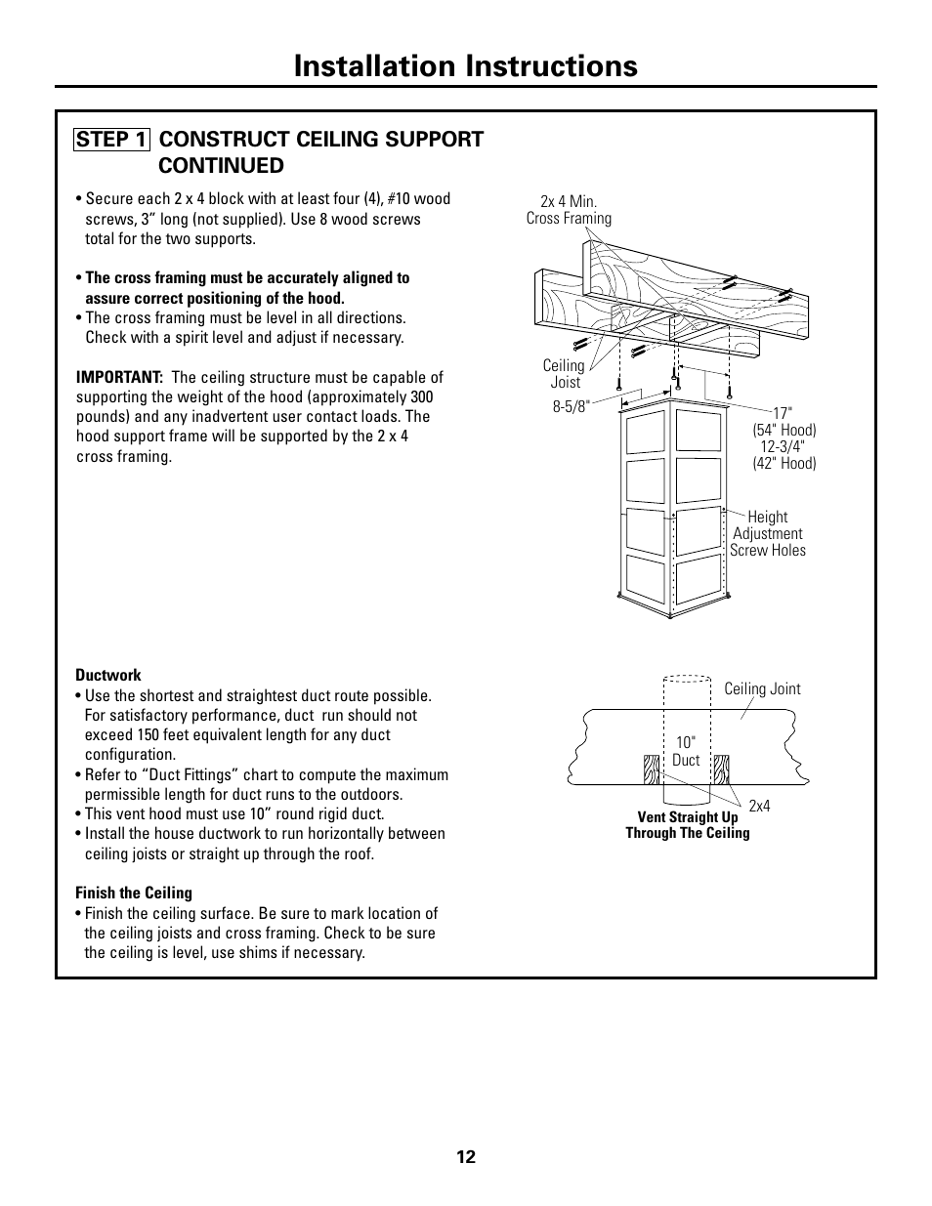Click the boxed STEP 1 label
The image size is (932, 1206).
coord(111,139)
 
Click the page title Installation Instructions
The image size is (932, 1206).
coord(466,65)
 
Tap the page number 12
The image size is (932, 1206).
coord(465,1157)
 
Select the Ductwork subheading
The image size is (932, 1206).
coord(108,675)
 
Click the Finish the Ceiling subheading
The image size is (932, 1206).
coord(134,893)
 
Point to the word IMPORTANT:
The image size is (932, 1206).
coord(119,377)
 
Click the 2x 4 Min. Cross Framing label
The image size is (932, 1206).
coord(569,210)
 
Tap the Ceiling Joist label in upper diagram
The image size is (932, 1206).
coord(564,374)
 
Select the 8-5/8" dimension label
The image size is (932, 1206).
coord(572,406)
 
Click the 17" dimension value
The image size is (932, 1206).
coord(784,414)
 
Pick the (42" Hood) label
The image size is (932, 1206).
coord(784,463)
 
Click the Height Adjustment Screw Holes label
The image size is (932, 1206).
coord(768,533)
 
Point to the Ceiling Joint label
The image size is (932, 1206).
coord(762,688)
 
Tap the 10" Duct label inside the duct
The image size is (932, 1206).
coord(686,751)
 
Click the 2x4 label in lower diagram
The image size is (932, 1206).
coord(760,806)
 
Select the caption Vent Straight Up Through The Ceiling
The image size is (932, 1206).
coord(688,825)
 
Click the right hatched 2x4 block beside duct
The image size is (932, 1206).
coord(721,769)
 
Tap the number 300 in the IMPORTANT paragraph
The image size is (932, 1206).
coord(421,396)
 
